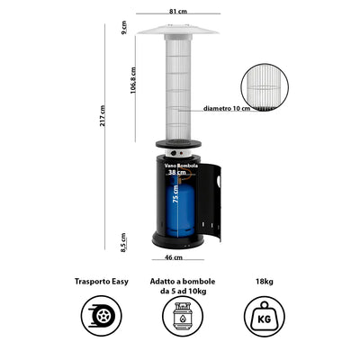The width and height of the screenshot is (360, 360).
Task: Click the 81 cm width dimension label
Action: [x=178, y=12]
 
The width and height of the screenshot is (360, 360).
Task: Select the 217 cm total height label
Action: [x=103, y=115]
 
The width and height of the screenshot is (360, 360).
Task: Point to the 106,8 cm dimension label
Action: [x=133, y=80]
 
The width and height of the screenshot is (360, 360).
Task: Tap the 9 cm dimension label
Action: [x=124, y=28]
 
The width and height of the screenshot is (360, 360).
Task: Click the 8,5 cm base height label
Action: [x=123, y=242]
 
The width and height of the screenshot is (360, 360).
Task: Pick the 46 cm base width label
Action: [x=174, y=257]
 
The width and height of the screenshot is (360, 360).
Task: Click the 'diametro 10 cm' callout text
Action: [x=227, y=108]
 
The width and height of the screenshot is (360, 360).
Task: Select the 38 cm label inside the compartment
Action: [x=177, y=172]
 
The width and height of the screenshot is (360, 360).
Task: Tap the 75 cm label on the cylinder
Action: [x=175, y=194]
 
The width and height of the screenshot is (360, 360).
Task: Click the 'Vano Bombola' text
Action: [x=181, y=166]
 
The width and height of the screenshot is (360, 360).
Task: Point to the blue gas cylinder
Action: [x=180, y=207]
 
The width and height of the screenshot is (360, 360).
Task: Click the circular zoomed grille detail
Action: [x=265, y=87]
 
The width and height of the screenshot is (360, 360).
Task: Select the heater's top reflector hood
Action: [x=178, y=30]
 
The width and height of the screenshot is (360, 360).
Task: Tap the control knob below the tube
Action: [x=174, y=153]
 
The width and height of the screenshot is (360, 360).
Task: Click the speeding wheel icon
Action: [x=102, y=316]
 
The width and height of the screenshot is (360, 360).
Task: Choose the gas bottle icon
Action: [x=183, y=316]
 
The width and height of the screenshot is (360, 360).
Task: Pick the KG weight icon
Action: [x=265, y=316]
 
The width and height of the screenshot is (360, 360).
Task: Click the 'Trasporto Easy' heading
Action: [x=102, y=282]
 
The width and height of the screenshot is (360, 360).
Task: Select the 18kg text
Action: [x=265, y=282]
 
